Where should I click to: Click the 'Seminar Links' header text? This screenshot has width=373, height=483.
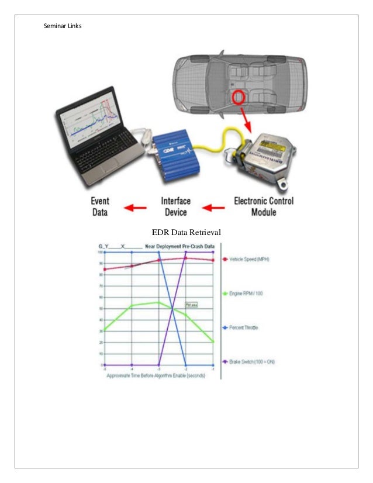[63, 26]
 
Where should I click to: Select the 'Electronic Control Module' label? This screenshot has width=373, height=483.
[264, 206]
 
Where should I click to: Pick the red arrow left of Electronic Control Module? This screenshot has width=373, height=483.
[214, 207]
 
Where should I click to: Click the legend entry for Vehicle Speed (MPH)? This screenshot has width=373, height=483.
[249, 259]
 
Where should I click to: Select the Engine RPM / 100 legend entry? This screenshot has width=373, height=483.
[246, 294]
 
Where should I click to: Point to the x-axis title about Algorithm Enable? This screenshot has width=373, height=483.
[156, 376]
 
